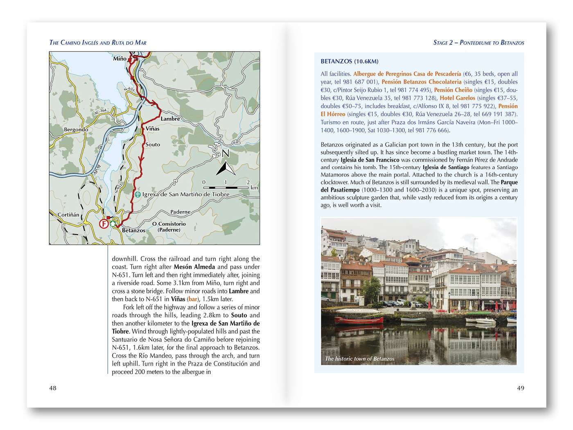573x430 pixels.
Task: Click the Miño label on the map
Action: click(x=120, y=59)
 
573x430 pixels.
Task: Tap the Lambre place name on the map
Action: click(x=170, y=119)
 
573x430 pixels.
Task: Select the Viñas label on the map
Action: click(x=152, y=129)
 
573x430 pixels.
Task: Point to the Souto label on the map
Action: click(x=153, y=145)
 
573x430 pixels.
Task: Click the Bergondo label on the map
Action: click(x=76, y=130)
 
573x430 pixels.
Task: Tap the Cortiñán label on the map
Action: click(x=68, y=215)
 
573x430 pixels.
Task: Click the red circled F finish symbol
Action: click(x=104, y=224)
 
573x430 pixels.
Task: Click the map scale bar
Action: click(x=226, y=188)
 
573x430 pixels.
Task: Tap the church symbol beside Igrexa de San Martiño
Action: click(x=138, y=195)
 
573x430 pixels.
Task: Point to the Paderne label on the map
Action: click(x=180, y=212)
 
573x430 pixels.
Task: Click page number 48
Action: click(x=53, y=388)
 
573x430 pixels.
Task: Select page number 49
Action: click(x=520, y=388)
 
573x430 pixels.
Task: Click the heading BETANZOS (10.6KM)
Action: click(x=350, y=61)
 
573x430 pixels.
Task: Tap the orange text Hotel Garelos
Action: click(x=457, y=98)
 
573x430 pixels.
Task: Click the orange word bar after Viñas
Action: click(x=192, y=299)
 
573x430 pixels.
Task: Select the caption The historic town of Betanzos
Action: click(x=360, y=359)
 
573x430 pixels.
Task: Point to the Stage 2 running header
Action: click(x=478, y=43)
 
